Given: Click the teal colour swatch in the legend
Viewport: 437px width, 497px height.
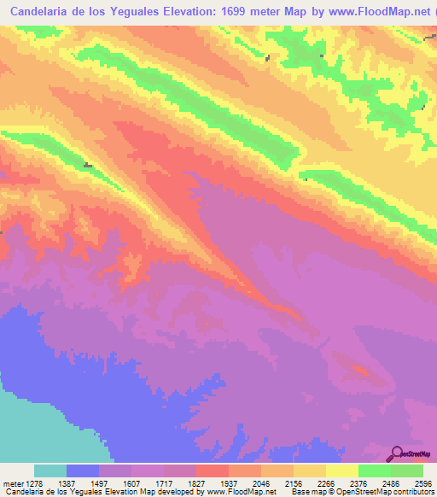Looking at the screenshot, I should (50, 471).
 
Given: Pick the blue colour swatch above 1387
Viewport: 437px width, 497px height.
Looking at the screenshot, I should (83, 471).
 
